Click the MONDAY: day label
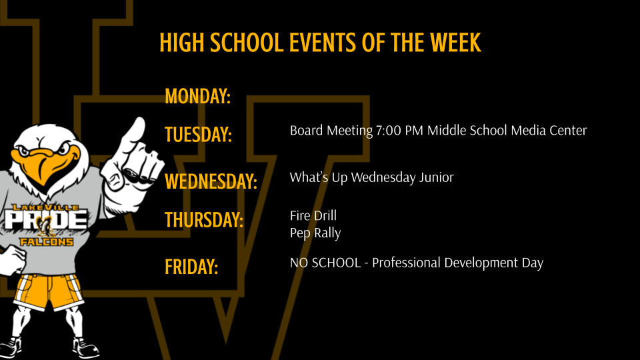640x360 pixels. [197, 97]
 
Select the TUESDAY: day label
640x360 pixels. [198, 134]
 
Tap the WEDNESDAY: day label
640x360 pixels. [211, 181]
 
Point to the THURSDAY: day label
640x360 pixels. [203, 219]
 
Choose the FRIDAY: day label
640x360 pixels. [191, 267]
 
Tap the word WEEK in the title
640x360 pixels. [455, 43]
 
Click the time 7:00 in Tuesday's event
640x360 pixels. [388, 131]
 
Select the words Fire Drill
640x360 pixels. [313, 216]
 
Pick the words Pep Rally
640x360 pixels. [315, 233]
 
